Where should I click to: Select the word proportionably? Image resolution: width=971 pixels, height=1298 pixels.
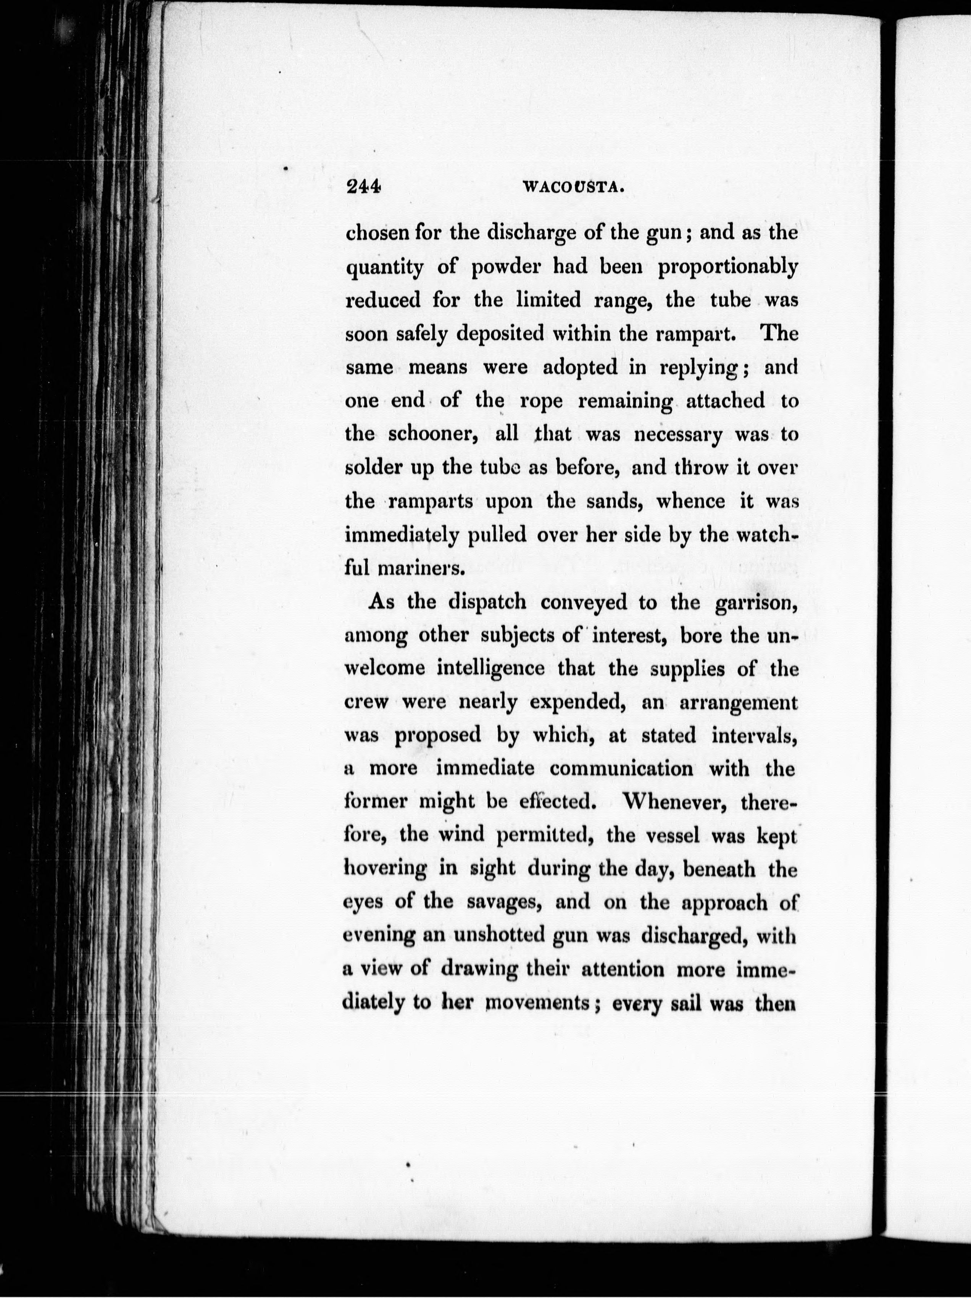pyautogui.click(x=727, y=268)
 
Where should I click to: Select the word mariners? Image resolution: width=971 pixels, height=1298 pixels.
pyautogui.click(x=421, y=568)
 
